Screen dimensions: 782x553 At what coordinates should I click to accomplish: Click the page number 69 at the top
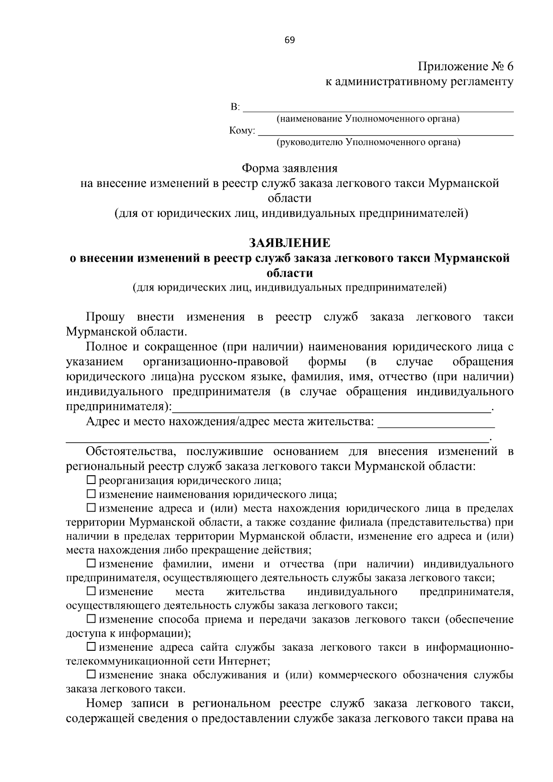pos(289,40)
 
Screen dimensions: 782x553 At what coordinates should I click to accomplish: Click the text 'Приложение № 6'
pos(465,67)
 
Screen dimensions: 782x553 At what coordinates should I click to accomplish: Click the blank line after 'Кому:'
pos(385,133)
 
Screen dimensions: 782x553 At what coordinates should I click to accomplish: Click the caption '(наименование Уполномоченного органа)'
pos(368,119)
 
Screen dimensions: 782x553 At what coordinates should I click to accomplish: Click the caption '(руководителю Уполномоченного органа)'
pos(368,143)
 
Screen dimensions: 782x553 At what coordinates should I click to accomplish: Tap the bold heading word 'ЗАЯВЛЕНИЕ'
pos(289,243)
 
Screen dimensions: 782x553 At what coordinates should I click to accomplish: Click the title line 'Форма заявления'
pos(289,169)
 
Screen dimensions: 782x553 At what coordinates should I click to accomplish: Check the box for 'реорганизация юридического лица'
pos(91,481)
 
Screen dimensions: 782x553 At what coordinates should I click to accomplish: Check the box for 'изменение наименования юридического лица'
pos(91,495)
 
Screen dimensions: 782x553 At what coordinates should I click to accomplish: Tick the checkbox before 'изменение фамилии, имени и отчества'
pos(91,564)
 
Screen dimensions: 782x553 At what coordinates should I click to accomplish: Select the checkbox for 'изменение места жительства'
pos(91,591)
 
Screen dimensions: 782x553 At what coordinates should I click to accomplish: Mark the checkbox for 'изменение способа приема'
pos(91,619)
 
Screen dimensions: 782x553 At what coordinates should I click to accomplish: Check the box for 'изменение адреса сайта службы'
pos(91,647)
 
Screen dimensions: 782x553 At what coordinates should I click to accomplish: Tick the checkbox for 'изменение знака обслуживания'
pos(91,675)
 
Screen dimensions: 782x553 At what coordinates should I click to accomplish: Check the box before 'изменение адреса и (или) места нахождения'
pos(91,508)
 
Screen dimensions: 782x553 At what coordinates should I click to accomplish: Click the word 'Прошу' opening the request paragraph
pos(105,317)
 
